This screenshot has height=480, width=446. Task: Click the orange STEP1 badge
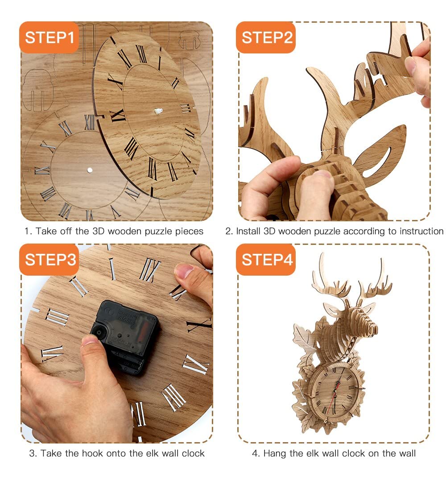tap(49, 37)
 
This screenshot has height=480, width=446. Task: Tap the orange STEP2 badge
tap(266, 37)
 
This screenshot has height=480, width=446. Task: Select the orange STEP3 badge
tap(49, 260)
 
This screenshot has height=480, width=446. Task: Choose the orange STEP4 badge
tap(266, 260)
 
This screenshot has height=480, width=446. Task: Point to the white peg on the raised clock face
tap(158, 111)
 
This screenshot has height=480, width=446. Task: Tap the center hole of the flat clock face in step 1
tap(90, 170)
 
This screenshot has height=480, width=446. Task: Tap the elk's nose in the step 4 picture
tap(374, 329)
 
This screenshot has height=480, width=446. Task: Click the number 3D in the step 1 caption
tap(99, 231)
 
